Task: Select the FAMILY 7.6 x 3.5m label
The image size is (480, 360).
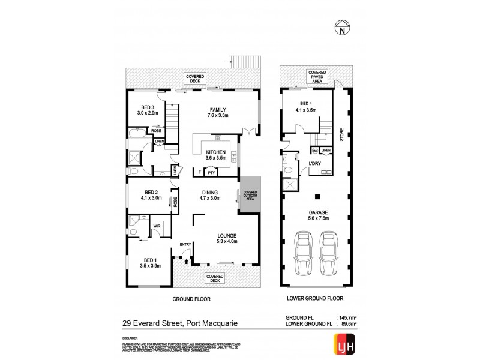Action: [x=218, y=112]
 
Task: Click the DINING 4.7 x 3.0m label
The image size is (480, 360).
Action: [x=210, y=194]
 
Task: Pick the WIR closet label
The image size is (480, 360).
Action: [x=157, y=226]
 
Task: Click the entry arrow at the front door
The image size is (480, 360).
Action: [x=185, y=262]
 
